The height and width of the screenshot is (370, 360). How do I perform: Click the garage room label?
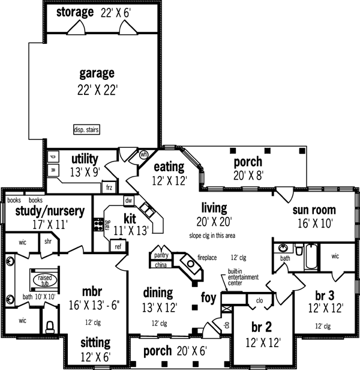pyautogui.click(x=97, y=74)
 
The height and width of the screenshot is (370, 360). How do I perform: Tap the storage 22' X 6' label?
pyautogui.click(x=92, y=12)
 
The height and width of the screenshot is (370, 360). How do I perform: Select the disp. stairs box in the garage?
pyautogui.click(x=85, y=129)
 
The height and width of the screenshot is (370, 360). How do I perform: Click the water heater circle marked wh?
pyautogui.click(x=143, y=154)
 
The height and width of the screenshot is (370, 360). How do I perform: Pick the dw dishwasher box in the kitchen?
pyautogui.click(x=128, y=201)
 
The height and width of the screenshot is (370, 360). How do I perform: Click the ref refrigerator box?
pyautogui.click(x=118, y=246)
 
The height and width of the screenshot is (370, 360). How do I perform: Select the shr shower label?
pyautogui.click(x=48, y=241)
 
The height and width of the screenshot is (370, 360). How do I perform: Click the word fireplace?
pyautogui.click(x=208, y=258)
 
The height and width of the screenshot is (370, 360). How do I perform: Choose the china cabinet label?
pyautogui.click(x=160, y=264)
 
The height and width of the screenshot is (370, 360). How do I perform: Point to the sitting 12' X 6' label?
pyautogui.click(x=95, y=343)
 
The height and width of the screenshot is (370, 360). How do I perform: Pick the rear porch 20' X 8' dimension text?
pyautogui.click(x=247, y=177)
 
